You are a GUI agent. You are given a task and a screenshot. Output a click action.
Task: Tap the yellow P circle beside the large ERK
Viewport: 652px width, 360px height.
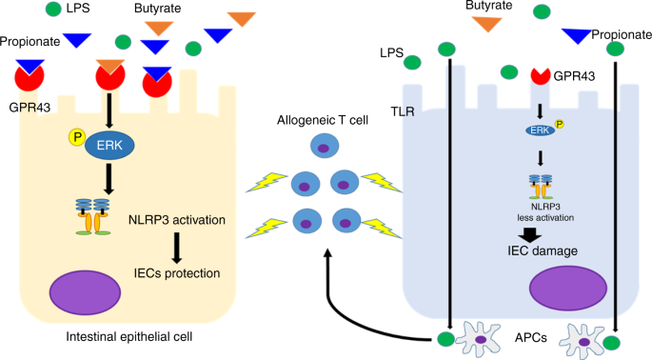coord(75,138)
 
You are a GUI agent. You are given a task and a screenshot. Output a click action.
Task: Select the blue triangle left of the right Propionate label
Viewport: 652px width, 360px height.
coord(577,35)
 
